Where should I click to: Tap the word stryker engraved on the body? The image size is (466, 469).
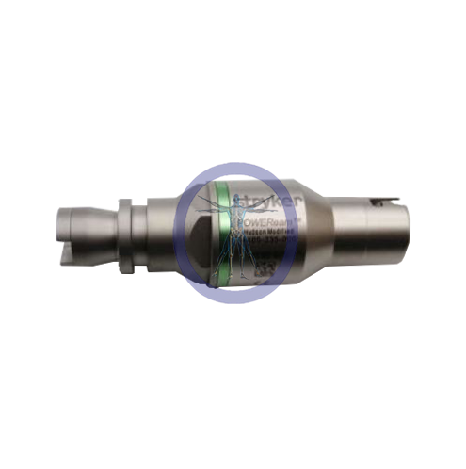pos(268,200)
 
